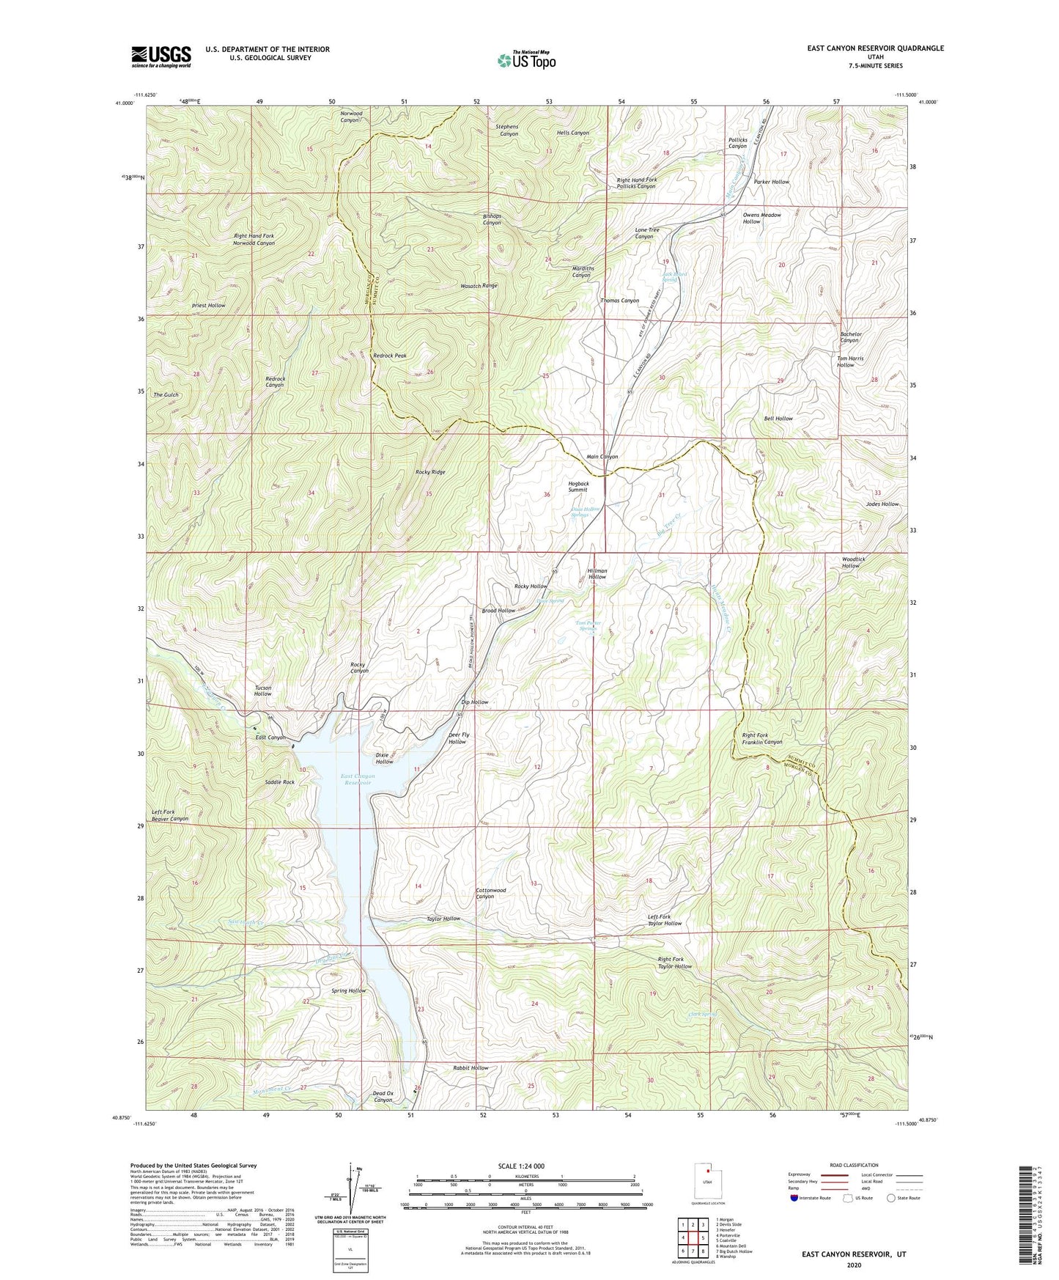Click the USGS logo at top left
tap(161, 56)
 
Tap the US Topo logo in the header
tap(525, 60)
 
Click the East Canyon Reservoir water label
tap(358, 779)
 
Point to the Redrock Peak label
tap(389, 356)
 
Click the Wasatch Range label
tap(479, 286)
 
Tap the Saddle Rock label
tap(280, 782)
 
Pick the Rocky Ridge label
tap(430, 472)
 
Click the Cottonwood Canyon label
tap(490, 893)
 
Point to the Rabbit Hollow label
tap(471, 1068)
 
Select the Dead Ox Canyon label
tap(383, 1096)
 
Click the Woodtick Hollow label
tap(853, 562)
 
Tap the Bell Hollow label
tap(778, 419)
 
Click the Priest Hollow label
tap(208, 305)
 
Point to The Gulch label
tap(166, 395)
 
